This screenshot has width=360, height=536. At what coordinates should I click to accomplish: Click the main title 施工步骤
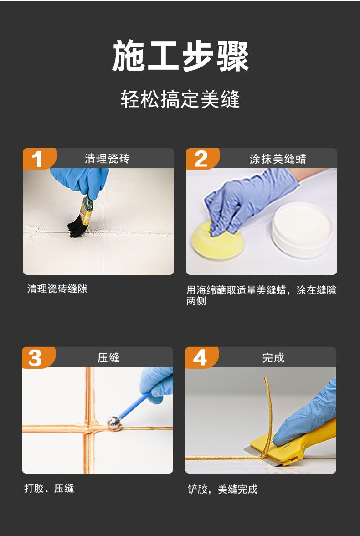pos(180,56)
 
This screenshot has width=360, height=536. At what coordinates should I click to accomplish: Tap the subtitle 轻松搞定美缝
pos(180,99)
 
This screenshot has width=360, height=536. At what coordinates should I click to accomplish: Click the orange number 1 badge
pos(38,159)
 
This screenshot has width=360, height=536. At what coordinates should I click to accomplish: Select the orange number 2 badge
pos(201,159)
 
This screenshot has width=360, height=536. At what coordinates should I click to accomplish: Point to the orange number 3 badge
pos(37,357)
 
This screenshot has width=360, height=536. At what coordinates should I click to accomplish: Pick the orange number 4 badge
pos(201,357)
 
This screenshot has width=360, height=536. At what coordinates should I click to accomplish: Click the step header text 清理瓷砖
pos(107,159)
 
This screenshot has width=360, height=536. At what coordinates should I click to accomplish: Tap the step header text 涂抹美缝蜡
pos(278,159)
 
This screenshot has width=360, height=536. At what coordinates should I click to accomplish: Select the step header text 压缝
pos(108,357)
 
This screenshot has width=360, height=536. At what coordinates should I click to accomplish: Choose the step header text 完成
pos(273,357)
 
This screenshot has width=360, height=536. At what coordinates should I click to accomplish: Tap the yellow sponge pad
pos(217,239)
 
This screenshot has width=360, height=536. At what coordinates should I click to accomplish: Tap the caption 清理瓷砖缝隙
pos(57,289)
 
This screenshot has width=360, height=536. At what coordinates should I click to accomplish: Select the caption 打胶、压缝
pos(49,488)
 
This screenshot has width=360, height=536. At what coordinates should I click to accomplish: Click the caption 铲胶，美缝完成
pos(222,489)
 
